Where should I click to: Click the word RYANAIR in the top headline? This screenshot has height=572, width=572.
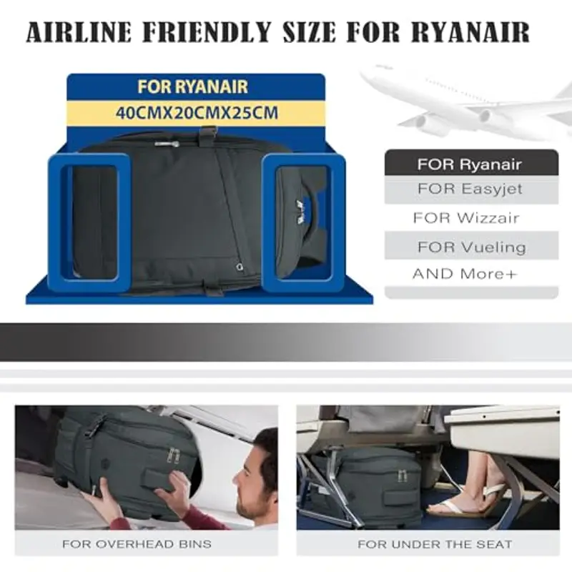470,32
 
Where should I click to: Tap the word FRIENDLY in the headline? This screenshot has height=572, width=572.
207,32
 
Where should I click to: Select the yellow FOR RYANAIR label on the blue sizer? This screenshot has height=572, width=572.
192,87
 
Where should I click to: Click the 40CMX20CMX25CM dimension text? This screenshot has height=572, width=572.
197,113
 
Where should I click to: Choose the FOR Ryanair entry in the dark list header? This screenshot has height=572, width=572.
469,164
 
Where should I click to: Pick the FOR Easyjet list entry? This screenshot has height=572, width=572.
470,189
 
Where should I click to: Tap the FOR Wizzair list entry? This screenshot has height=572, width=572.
466,218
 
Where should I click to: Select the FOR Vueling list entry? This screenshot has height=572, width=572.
471,247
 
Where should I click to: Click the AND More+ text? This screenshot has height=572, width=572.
465,274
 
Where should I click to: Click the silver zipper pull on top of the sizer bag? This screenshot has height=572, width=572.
167,144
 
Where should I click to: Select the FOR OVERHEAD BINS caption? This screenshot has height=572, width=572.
137,544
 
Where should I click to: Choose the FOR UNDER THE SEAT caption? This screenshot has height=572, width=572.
435,544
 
